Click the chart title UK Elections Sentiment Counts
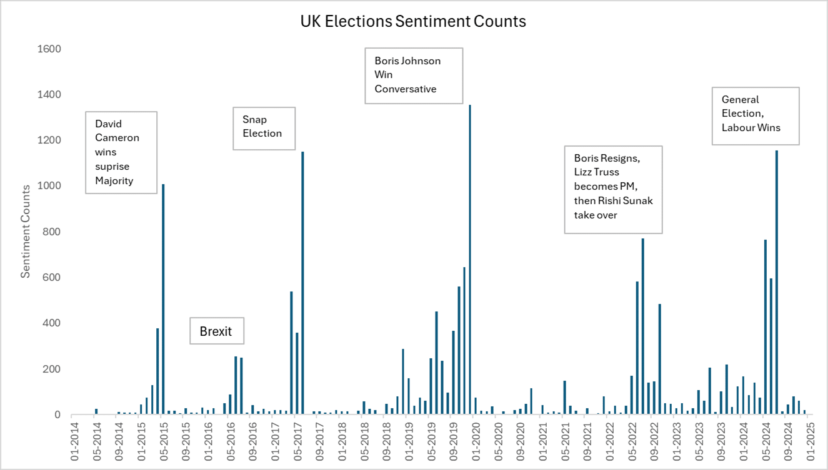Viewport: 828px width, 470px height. (x=413, y=21)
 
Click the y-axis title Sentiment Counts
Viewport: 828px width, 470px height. (x=26, y=232)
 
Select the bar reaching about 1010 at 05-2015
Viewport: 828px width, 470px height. (x=163, y=300)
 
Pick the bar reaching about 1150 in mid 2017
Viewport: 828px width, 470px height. (x=302, y=284)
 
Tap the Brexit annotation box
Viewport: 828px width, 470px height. (x=216, y=331)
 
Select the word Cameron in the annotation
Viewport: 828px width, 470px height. (x=117, y=137)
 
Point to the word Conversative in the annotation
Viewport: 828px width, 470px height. (x=405, y=89)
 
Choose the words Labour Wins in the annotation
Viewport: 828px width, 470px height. (x=751, y=127)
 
